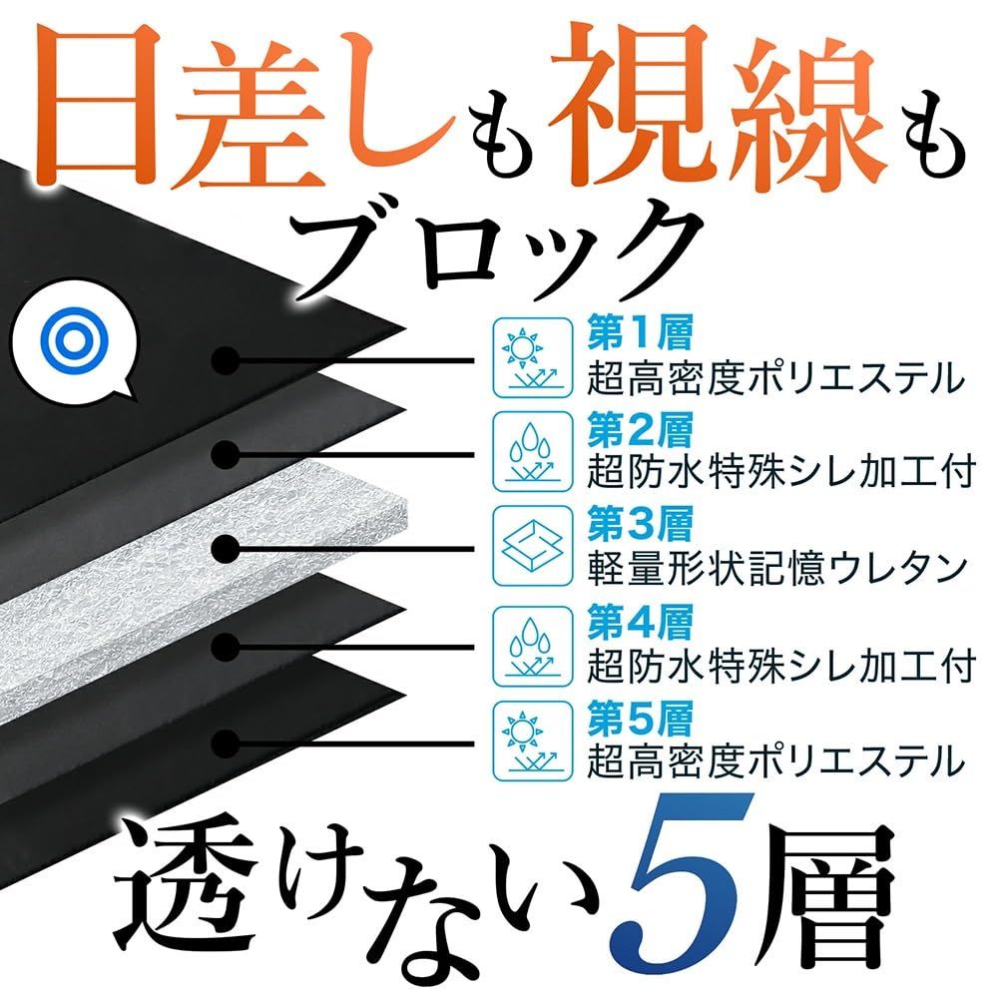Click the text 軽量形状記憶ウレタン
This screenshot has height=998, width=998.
click(776, 568)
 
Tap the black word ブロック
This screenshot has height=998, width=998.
click(499, 249)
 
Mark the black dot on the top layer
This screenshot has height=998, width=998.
click(229, 356)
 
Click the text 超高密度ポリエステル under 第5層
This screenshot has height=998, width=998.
click(776, 760)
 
